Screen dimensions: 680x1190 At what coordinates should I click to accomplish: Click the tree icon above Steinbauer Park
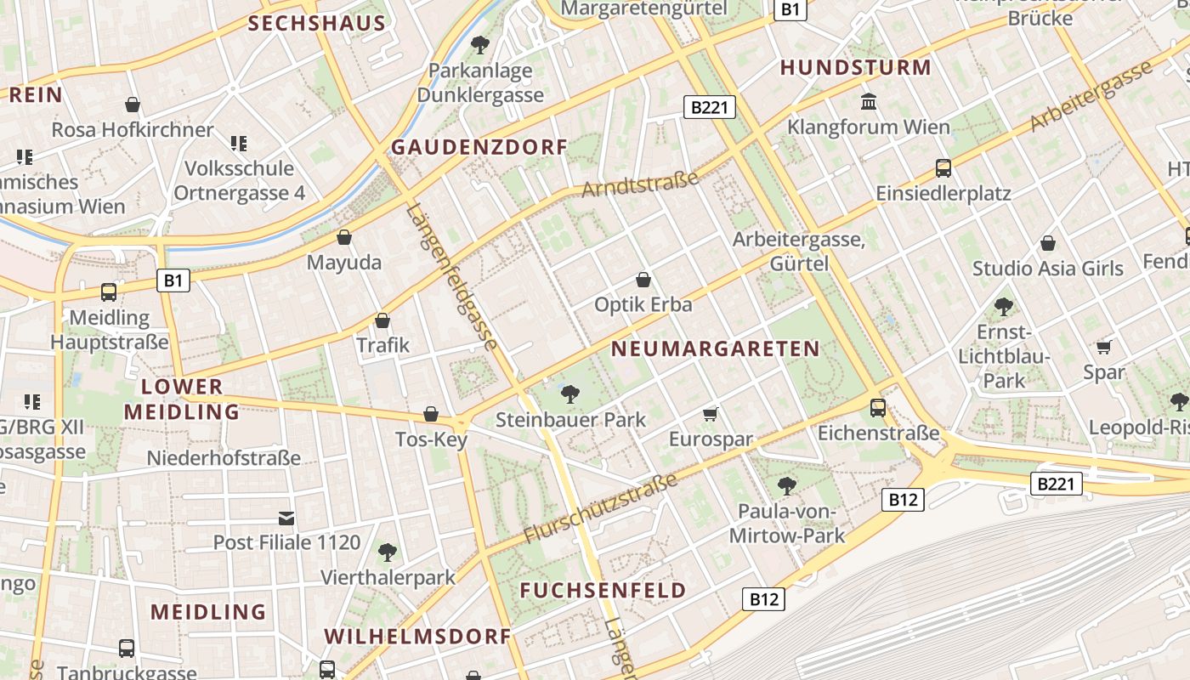click(x=570, y=394)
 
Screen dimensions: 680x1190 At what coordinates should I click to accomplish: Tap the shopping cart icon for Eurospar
click(x=711, y=414)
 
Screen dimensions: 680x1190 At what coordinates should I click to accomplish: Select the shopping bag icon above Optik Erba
click(x=643, y=279)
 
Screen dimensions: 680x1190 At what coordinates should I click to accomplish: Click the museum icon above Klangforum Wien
click(x=869, y=102)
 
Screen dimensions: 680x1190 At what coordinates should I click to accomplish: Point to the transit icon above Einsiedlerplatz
click(x=943, y=167)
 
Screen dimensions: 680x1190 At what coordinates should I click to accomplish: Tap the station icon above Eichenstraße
click(x=878, y=408)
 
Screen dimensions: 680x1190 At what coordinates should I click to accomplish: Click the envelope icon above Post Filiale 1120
click(x=286, y=518)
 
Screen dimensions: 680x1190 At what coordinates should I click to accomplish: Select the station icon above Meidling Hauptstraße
click(x=109, y=292)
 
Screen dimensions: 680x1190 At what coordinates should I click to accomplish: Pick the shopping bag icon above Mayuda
click(x=344, y=237)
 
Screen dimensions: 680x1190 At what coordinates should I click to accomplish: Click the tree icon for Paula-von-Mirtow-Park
click(x=787, y=486)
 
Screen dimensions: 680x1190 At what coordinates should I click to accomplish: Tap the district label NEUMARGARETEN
click(x=715, y=348)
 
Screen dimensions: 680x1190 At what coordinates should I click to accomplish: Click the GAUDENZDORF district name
click(x=479, y=147)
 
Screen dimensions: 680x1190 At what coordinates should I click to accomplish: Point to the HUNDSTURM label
click(x=855, y=68)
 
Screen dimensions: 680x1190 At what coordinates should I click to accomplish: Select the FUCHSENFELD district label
click(x=603, y=590)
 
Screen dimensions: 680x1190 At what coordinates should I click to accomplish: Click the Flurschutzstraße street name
click(x=600, y=508)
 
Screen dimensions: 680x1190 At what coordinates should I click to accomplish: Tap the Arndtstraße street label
click(x=640, y=184)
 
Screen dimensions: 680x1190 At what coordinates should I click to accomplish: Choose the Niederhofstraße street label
click(x=224, y=458)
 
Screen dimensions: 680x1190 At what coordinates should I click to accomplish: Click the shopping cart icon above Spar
click(x=1103, y=347)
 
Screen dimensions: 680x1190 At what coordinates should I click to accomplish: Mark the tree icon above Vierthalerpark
click(x=388, y=552)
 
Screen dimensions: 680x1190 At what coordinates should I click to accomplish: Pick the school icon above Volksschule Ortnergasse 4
click(x=239, y=143)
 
